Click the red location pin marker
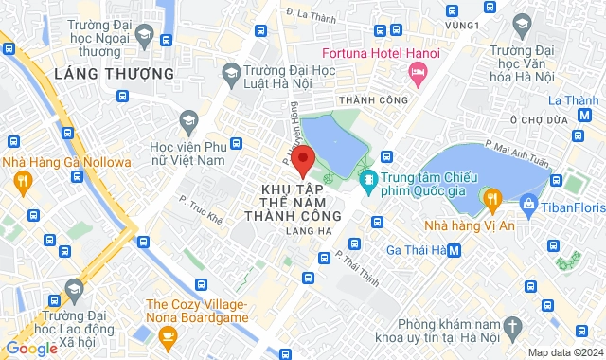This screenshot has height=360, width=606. pos(302,160)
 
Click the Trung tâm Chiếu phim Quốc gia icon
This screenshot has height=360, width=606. pos(367,177)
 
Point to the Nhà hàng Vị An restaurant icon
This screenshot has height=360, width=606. pos(491,199)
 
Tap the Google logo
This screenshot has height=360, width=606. pos(31,349)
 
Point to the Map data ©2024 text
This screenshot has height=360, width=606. pos(563,352)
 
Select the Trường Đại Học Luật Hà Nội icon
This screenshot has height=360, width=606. pos(231,71)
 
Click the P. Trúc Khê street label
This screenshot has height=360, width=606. pos(201,211)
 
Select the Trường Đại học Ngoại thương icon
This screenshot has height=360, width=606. pos(144,36)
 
